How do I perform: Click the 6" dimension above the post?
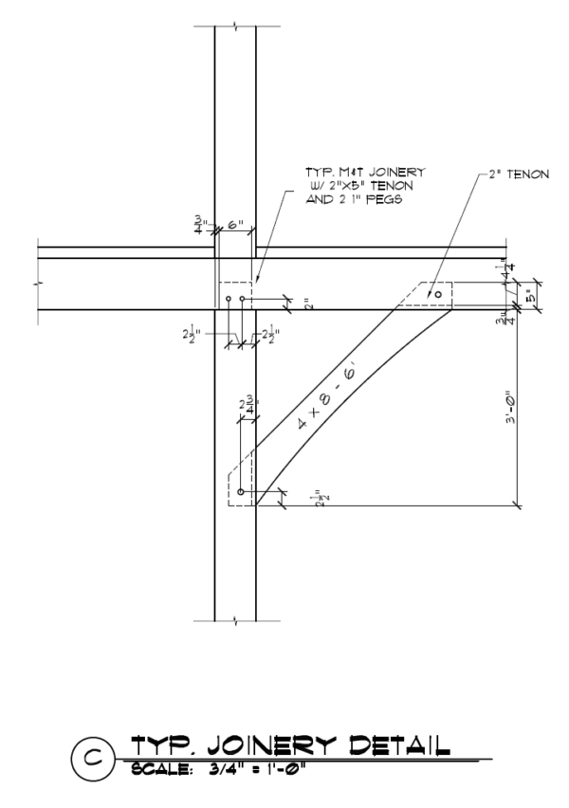coord(235,225)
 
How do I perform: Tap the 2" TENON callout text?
coord(516,174)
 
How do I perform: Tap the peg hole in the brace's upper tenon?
coord(437,295)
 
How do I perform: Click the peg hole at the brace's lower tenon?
coord(241,492)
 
